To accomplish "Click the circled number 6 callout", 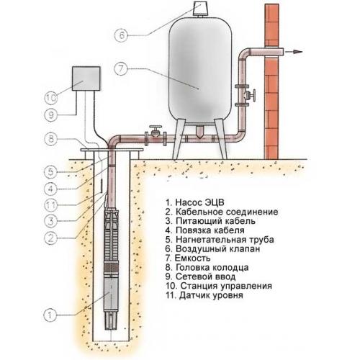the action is pyautogui.click(x=122, y=35).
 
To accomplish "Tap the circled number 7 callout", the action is pyautogui.click(x=121, y=69).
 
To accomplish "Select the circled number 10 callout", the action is pyautogui.click(x=51, y=98).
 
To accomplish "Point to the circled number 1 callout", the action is pyautogui.click(x=50, y=315).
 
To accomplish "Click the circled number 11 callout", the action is pyautogui.click(x=51, y=205).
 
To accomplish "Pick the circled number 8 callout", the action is pyautogui.click(x=51, y=139).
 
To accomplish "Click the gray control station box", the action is pyautogui.click(x=86, y=78).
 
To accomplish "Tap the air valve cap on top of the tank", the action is pyautogui.click(x=200, y=9).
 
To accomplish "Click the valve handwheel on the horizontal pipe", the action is pyautogui.click(x=156, y=127).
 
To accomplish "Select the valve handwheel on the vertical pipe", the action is pyautogui.click(x=253, y=96).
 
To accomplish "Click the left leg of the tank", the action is pyautogui.click(x=179, y=138).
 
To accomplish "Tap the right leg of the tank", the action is pyautogui.click(x=220, y=138).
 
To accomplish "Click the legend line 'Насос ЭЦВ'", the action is pyautogui.click(x=195, y=202).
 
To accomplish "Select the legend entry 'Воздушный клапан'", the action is pyautogui.click(x=212, y=249).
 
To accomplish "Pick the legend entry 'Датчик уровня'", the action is pyautogui.click(x=204, y=295).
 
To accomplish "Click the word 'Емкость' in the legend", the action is pyautogui.click(x=193, y=258).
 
